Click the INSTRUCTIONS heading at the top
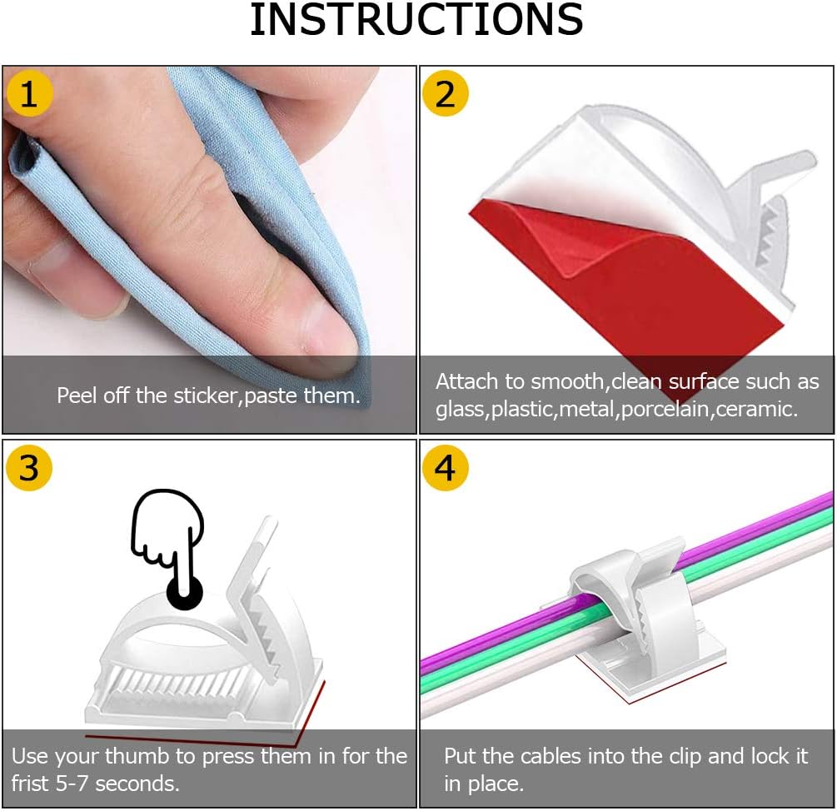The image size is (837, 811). pos(416,20)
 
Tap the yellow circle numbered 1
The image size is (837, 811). pos(29,94)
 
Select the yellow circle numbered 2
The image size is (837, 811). pos(446,94)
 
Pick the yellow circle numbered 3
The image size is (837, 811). pos(29,468)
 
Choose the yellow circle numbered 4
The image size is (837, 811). pos(446,468)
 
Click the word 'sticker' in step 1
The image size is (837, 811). pos(207,396)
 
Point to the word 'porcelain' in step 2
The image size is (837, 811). pos(665,409)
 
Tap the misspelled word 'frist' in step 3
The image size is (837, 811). pos(32,784)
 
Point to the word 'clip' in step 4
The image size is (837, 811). pos(685,757)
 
